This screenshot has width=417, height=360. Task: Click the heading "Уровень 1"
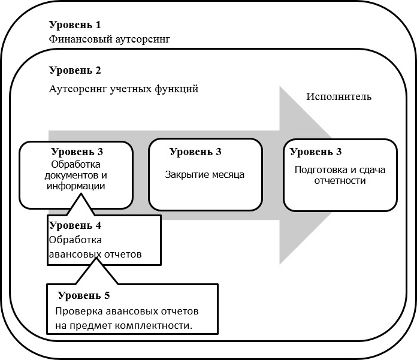tap(75, 25)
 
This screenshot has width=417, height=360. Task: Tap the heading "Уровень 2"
tap(75, 70)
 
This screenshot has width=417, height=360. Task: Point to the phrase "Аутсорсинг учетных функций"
tap(123, 89)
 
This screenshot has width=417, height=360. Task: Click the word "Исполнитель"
tap(339, 96)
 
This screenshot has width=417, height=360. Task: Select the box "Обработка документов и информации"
tap(76, 174)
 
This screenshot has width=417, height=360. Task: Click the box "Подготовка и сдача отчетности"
tap(340, 176)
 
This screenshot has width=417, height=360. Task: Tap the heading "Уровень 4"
tap(75, 226)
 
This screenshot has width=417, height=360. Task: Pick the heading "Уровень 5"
tap(84, 295)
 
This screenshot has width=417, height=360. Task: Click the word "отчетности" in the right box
tap(340, 180)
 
